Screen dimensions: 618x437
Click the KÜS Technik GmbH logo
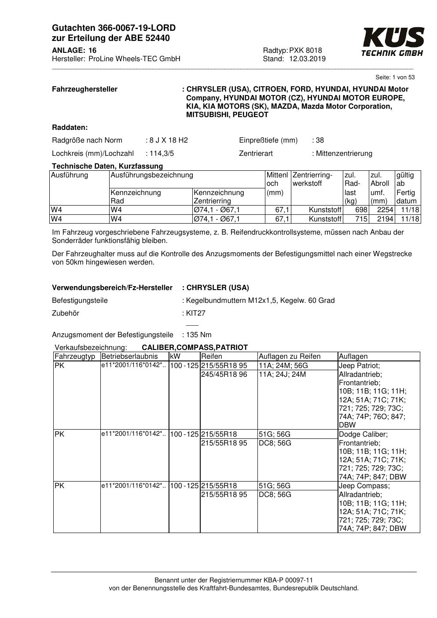point(393,42)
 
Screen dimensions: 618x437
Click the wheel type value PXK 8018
point(305,50)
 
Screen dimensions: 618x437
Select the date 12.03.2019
point(307,59)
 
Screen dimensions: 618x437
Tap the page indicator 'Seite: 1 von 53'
point(395,77)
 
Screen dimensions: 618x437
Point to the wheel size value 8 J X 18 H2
point(169,140)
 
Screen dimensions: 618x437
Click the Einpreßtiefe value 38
point(319,140)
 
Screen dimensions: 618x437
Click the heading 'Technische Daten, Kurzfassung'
point(107,166)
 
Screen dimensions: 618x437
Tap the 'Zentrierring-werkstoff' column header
point(312,179)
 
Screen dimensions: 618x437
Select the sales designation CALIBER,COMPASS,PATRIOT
point(195,348)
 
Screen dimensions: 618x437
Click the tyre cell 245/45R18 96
point(224,375)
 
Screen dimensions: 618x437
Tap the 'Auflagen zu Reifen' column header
point(290,357)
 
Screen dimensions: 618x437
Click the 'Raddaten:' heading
point(70,128)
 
